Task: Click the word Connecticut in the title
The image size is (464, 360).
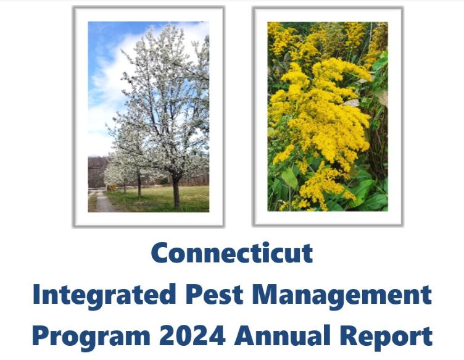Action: pos(231,253)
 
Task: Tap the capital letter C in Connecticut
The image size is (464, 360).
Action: pos(162,253)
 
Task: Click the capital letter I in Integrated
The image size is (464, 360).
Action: pos(36,295)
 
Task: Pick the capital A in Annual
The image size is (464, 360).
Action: pos(244,337)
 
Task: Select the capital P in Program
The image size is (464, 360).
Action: pos(41,337)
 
